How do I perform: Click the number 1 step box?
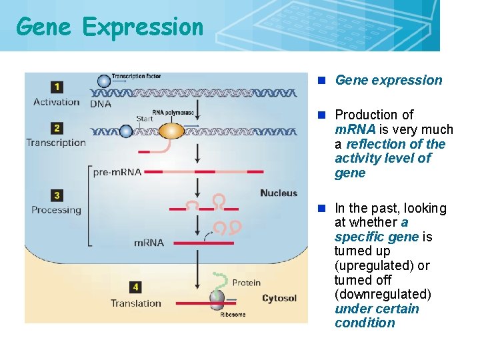click(x=57, y=87)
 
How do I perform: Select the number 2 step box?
click(x=57, y=127)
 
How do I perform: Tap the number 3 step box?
click(x=57, y=195)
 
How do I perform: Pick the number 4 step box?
click(x=135, y=287)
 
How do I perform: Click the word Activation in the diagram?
click(x=56, y=102)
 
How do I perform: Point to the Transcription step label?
click(x=56, y=142)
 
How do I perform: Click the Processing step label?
click(x=56, y=210)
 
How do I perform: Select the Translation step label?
click(x=136, y=303)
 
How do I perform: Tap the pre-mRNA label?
click(x=117, y=172)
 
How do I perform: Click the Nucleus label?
click(x=279, y=193)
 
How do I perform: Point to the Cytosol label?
click(x=279, y=298)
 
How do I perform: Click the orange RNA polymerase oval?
click(x=171, y=130)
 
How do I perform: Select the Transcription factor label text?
click(x=137, y=77)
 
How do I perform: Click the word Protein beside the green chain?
click(x=246, y=283)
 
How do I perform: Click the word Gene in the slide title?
click(x=44, y=27)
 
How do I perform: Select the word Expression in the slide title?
click(x=143, y=27)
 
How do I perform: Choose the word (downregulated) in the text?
click(x=383, y=294)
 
